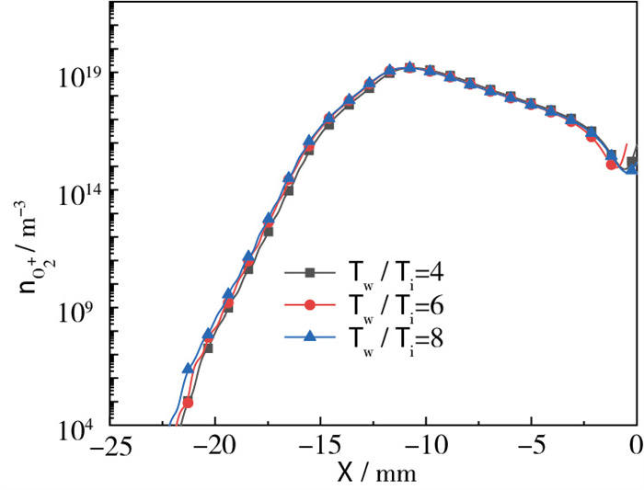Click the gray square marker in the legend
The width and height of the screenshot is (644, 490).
[310, 272]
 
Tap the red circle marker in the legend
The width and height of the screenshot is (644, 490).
[310, 304]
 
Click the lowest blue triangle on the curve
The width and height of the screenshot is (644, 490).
[188, 368]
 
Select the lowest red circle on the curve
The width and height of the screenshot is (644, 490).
[188, 402]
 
